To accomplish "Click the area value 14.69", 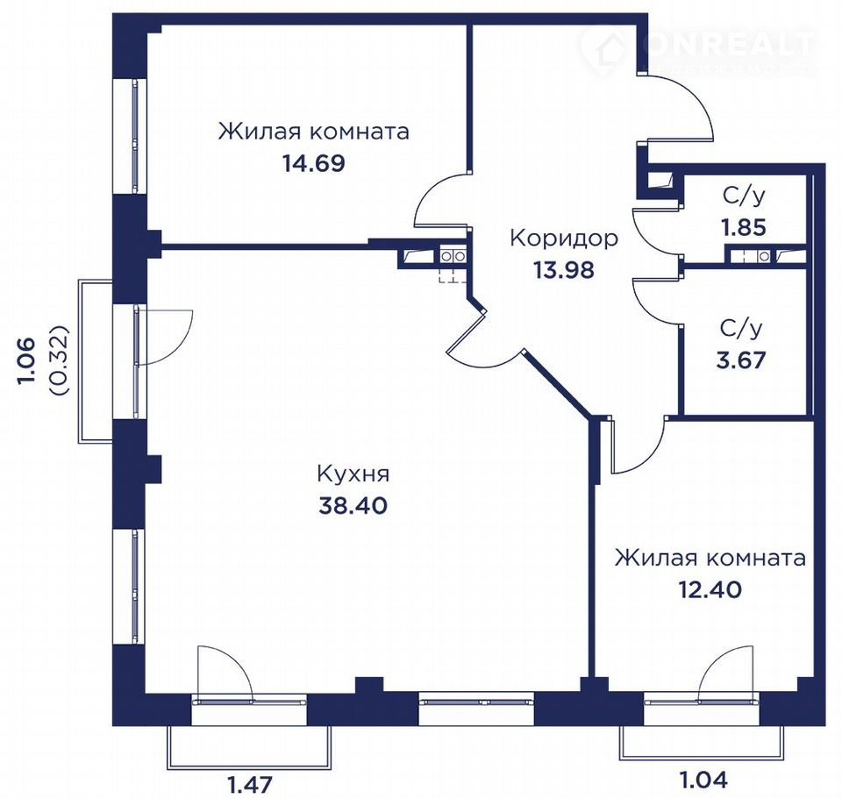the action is pos(314,163).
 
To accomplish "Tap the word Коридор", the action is pos(564,239).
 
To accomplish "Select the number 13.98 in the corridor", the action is pos(564,269).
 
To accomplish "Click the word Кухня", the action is pos(353,474).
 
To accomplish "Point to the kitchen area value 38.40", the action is pos(353,506).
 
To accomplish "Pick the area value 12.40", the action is pos(710,589).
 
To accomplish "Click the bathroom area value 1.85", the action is pos(744,228).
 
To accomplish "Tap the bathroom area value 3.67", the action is pos(741,360).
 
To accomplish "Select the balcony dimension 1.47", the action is pos(251,785).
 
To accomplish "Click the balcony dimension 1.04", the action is pos(704,780).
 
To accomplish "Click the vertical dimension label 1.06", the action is pos(26,361).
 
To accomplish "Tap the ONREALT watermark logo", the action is pos(698,49).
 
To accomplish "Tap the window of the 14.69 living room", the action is pos(132,134).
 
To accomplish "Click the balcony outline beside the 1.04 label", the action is pos(703,759).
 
